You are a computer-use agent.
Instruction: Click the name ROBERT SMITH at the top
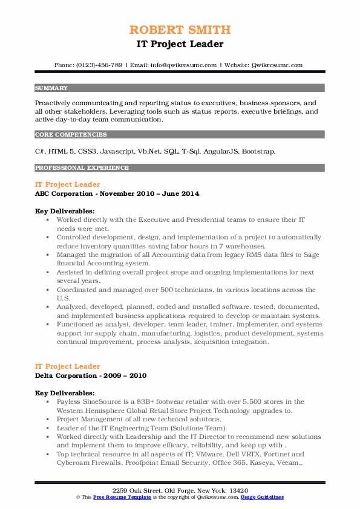click(180, 30)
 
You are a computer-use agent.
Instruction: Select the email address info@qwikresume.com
click(181, 65)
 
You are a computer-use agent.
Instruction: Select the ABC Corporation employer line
click(117, 193)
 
